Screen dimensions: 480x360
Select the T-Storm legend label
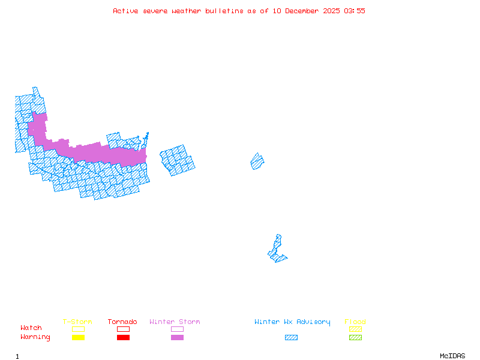pyautogui.click(x=77, y=322)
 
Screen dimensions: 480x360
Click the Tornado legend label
pyautogui.click(x=122, y=322)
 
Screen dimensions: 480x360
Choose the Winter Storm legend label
pyautogui.click(x=175, y=322)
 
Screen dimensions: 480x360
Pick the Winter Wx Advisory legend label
pyautogui.click(x=292, y=322)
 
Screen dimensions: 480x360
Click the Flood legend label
pyautogui.click(x=355, y=322)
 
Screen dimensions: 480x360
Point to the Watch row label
pyautogui.click(x=31, y=328)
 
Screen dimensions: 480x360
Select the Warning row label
pyautogui.click(x=35, y=337)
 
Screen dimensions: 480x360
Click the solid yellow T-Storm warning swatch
pyautogui.click(x=78, y=338)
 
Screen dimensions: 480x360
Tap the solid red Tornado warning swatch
pyautogui.click(x=123, y=338)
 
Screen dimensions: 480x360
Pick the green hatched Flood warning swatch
pyautogui.click(x=355, y=338)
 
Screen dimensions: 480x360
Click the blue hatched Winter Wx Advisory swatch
pyautogui.click(x=291, y=338)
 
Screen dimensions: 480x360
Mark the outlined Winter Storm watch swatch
pyautogui.click(x=177, y=329)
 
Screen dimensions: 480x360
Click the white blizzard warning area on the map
pyautogui.click(x=279, y=230)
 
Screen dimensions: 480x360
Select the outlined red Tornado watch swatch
pyautogui.click(x=123, y=329)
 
